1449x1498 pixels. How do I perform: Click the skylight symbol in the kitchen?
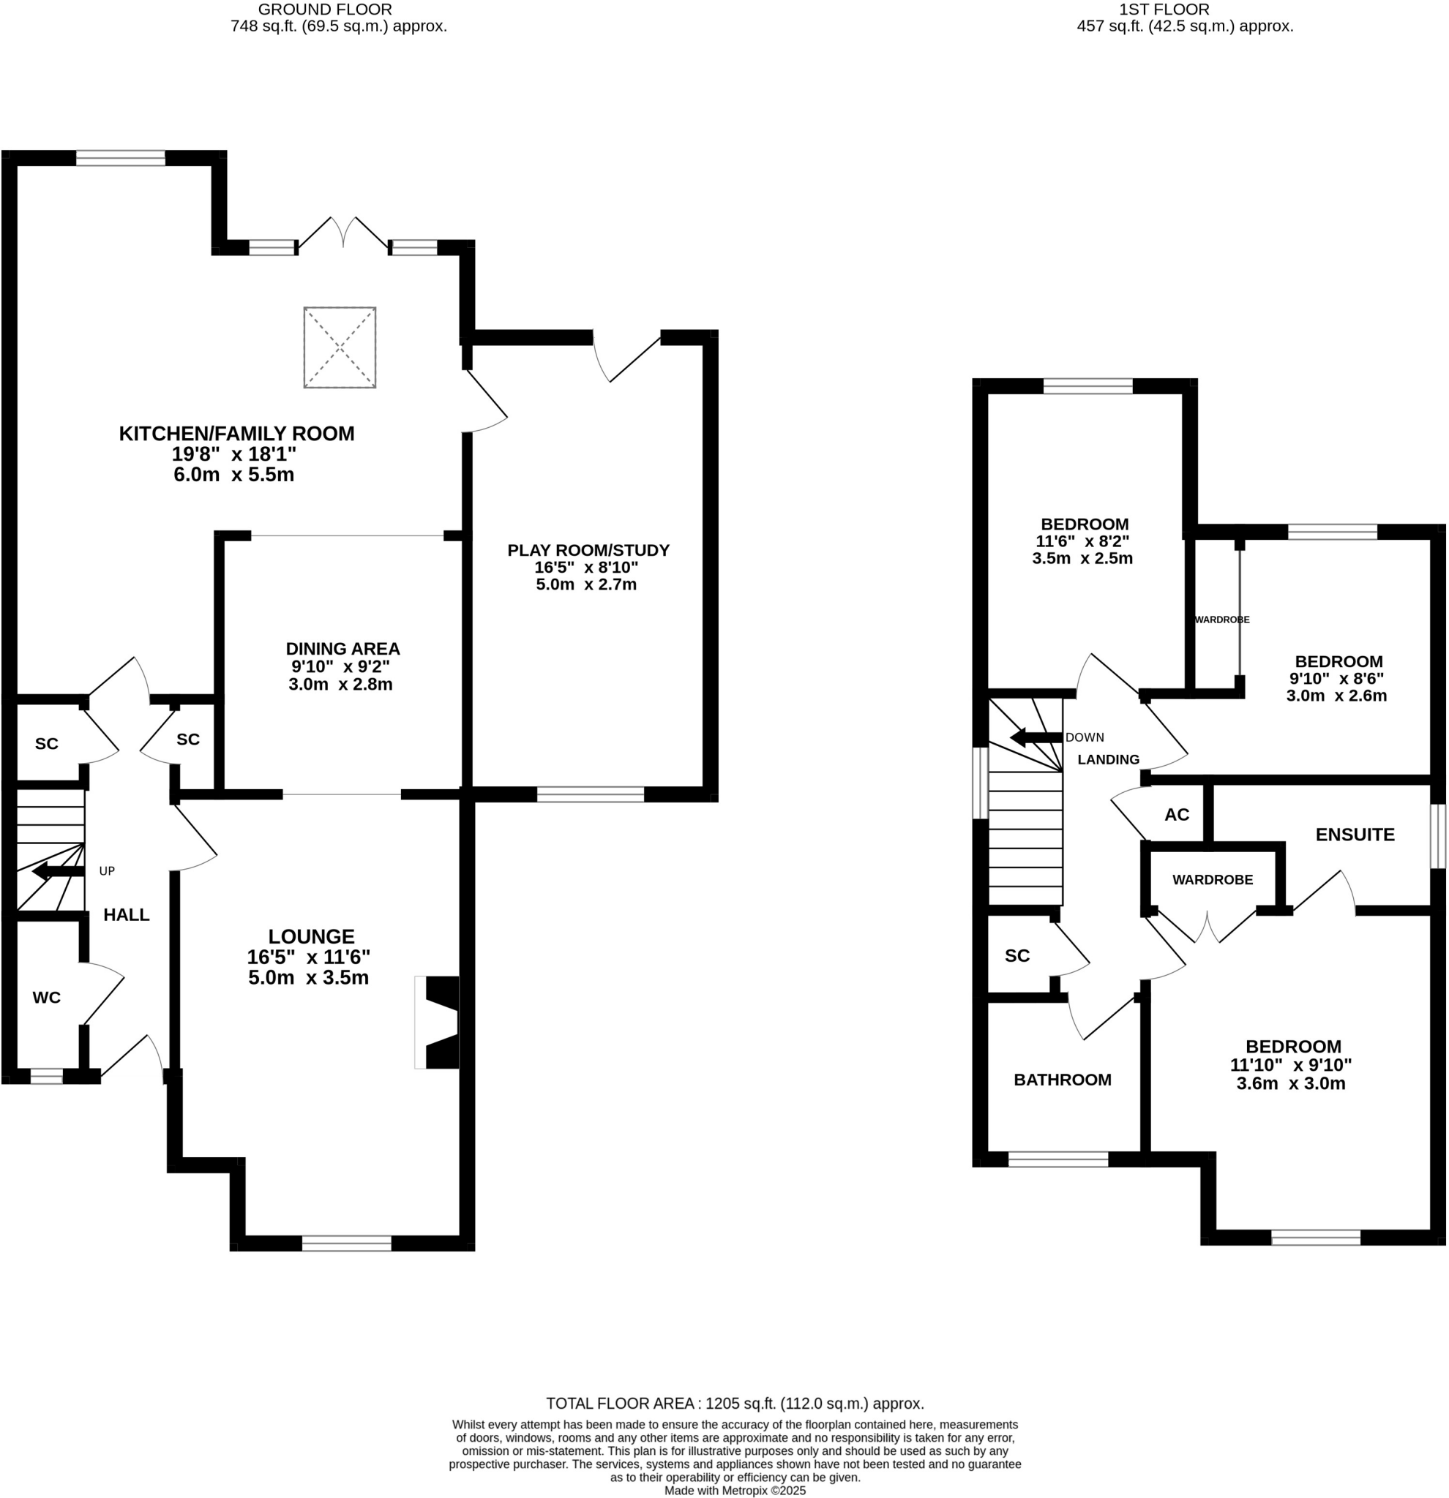(340, 347)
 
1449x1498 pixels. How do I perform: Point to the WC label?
(47, 998)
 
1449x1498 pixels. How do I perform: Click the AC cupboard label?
(1176, 815)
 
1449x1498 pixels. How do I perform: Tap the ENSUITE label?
(1354, 835)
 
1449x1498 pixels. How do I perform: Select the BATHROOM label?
(1062, 1080)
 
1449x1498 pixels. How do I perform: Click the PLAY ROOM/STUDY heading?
(588, 550)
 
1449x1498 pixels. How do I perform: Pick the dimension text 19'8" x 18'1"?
(233, 454)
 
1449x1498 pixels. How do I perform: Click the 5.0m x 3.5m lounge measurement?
(308, 977)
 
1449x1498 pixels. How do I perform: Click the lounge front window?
(346, 1243)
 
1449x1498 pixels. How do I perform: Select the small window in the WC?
(47, 1076)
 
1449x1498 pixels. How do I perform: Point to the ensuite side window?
(1437, 836)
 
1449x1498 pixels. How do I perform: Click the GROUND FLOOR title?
(325, 10)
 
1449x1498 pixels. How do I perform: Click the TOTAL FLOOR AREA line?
(734, 1403)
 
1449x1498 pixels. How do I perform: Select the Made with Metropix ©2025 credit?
(734, 1491)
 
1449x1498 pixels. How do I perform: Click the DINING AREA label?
(342, 649)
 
